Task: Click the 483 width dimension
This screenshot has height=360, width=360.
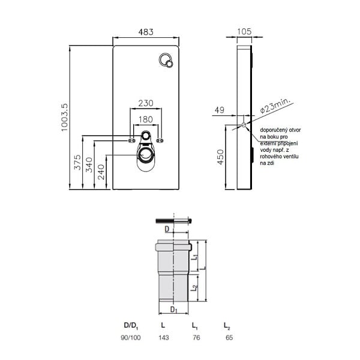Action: pyautogui.click(x=146, y=32)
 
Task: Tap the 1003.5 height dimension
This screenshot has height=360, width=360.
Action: pyautogui.click(x=65, y=118)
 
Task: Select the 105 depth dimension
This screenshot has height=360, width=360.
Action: pyautogui.click(x=244, y=31)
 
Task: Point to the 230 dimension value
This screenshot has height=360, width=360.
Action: pyautogui.click(x=146, y=103)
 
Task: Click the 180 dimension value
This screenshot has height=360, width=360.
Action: pyautogui.click(x=146, y=119)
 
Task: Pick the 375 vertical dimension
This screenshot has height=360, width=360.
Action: pyautogui.click(x=77, y=163)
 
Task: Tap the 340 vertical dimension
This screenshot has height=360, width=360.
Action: pyautogui.click(x=89, y=165)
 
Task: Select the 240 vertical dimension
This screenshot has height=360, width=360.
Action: pyautogui.click(x=101, y=172)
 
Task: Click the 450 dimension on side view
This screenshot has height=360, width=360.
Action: pyautogui.click(x=220, y=157)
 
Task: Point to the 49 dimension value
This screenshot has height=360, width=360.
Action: pyautogui.click(x=220, y=110)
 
